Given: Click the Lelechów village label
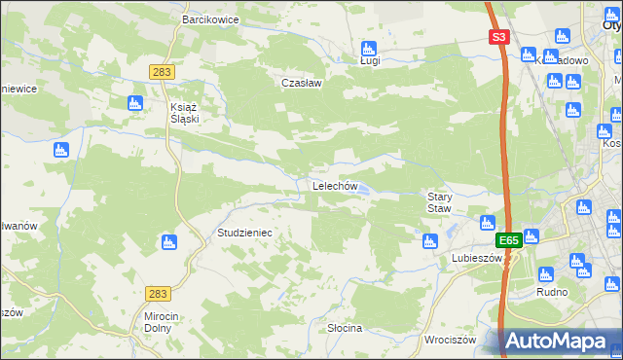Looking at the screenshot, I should click(335, 186).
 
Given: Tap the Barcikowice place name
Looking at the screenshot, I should click(211, 18).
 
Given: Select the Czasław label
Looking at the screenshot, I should click(301, 83).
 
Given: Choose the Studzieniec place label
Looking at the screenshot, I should click(243, 234).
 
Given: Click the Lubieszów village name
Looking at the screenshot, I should click(476, 258).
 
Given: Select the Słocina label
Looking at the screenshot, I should click(345, 328).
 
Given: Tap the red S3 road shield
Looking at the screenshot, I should click(498, 38).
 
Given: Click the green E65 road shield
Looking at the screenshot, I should click(508, 240).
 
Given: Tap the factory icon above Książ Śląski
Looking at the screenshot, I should click(135, 102).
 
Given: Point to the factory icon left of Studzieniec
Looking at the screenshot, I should click(169, 241).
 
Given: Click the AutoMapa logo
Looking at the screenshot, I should click(560, 341).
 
